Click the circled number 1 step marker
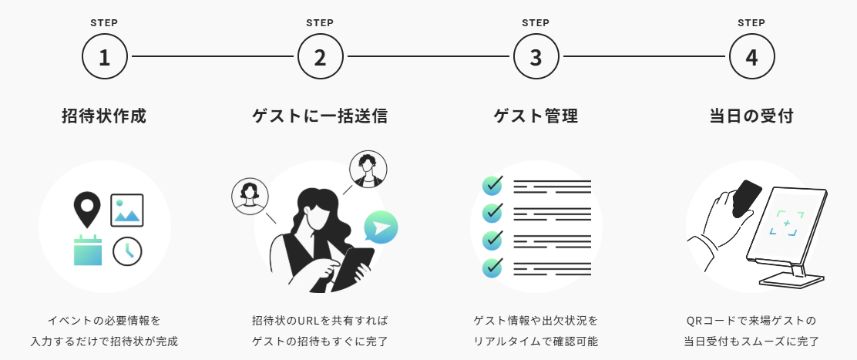(x=104, y=57)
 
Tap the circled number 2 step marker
(x=320, y=57)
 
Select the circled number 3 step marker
(x=536, y=57)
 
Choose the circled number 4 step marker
(x=751, y=57)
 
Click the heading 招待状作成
(x=104, y=116)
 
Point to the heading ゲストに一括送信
(x=320, y=116)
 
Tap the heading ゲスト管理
(x=536, y=116)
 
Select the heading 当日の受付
(x=751, y=116)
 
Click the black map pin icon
(x=87, y=208)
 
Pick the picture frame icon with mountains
(x=126, y=209)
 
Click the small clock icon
(x=127, y=251)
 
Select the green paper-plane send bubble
(x=381, y=227)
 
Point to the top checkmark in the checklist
(x=492, y=186)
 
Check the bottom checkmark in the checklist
(x=492, y=267)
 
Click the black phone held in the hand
(x=746, y=198)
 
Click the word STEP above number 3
(x=536, y=23)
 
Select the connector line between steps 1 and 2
(x=212, y=57)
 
